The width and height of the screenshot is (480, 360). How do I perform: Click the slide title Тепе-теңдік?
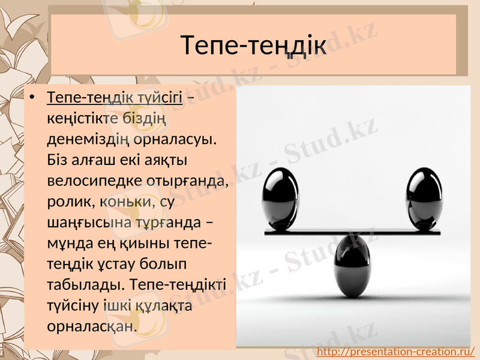click(x=253, y=44)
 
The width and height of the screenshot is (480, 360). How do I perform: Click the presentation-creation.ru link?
click(x=395, y=351)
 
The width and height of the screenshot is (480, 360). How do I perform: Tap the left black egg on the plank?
click(x=280, y=199)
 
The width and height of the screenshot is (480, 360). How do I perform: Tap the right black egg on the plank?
click(x=425, y=199)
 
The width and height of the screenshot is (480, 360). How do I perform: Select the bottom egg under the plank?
click(x=353, y=266)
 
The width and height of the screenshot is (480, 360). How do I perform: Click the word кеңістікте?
click(x=84, y=118)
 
